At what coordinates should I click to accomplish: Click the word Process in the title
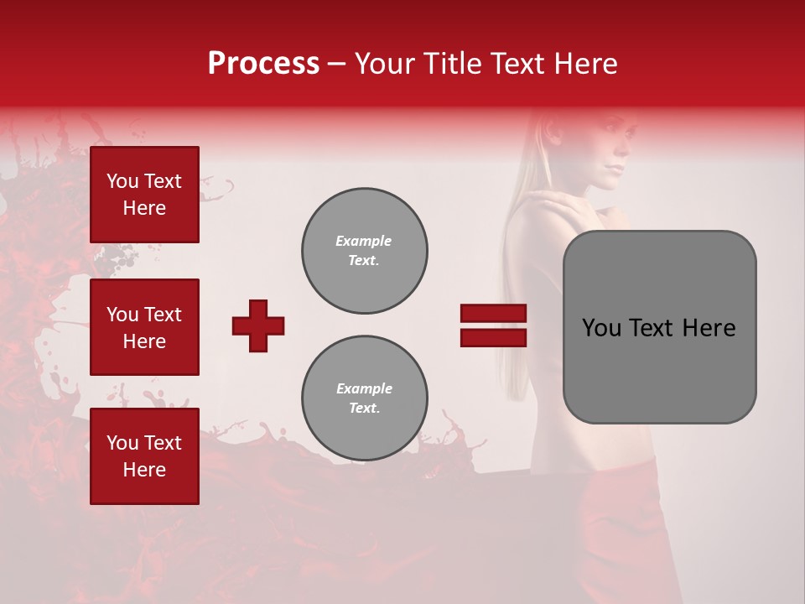pyautogui.click(x=263, y=64)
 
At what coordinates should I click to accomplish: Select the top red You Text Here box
pyautogui.click(x=144, y=195)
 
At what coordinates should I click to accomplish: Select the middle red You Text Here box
pyautogui.click(x=144, y=327)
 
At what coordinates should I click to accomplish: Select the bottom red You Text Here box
pyautogui.click(x=144, y=456)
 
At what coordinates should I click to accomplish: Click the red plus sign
pyautogui.click(x=258, y=325)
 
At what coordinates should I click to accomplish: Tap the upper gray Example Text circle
pyautogui.click(x=365, y=251)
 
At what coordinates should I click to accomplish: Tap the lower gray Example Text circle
pyautogui.click(x=365, y=398)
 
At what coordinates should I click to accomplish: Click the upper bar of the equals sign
pyautogui.click(x=493, y=313)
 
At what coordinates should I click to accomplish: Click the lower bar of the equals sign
pyautogui.click(x=493, y=337)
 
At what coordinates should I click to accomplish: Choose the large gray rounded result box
pyautogui.click(x=659, y=327)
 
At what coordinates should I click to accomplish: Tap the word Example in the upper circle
pyautogui.click(x=364, y=241)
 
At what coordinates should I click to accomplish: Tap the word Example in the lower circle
pyautogui.click(x=364, y=388)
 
